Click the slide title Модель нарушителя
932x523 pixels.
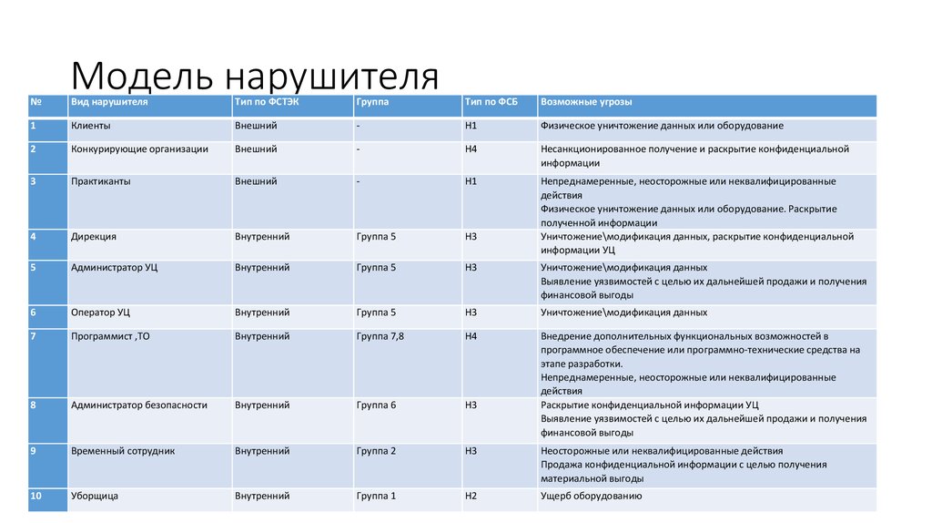254,77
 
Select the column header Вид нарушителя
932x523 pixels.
109,102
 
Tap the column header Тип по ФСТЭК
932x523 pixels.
266,102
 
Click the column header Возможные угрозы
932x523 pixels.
586,102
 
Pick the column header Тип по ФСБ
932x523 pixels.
491,102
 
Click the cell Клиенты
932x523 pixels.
91,126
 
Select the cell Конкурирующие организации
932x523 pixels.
139,149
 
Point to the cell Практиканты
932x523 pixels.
100,181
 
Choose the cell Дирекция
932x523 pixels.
94,237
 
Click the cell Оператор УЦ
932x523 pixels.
100,313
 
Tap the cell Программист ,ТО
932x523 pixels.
110,336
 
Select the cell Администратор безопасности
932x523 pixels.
139,405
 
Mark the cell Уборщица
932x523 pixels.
95,497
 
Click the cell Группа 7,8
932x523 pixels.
380,336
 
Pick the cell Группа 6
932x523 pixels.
376,405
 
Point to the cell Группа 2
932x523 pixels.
376,450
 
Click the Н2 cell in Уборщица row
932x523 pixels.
471,497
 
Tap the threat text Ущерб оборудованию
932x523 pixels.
592,497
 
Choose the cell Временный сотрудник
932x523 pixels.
122,450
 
